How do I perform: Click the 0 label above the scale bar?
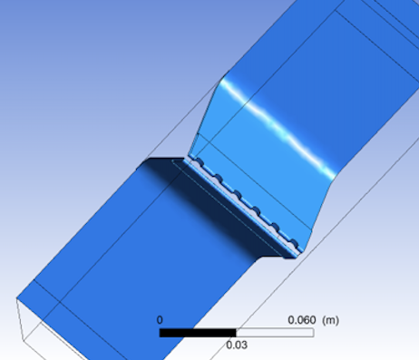click(x=160, y=320)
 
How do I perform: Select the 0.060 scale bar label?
click(x=302, y=320)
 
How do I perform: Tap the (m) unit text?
click(x=330, y=320)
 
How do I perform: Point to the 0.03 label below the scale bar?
click(x=237, y=345)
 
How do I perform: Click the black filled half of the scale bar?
click(x=198, y=333)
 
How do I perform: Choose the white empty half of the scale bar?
click(x=275, y=333)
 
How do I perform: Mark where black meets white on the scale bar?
click(x=237, y=333)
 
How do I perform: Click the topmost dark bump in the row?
click(x=200, y=162)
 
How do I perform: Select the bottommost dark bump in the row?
click(x=294, y=243)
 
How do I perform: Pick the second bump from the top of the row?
click(x=219, y=179)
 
